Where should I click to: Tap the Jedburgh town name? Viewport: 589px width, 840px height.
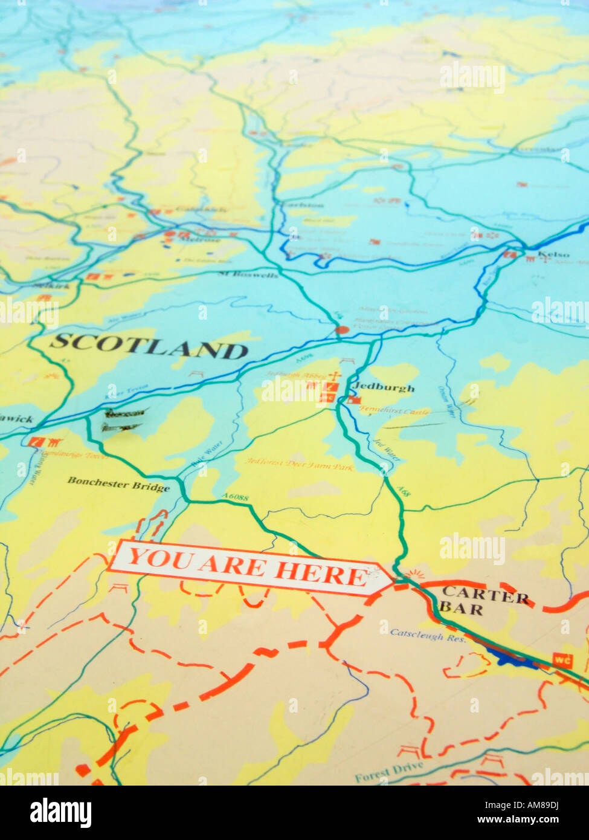tap(383, 388)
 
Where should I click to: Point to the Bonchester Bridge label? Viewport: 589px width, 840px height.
tap(118, 483)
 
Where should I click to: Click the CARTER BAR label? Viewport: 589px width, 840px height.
tap(484, 600)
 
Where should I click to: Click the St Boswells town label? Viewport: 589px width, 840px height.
tap(248, 275)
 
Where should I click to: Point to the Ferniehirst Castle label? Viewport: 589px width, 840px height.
tap(394, 411)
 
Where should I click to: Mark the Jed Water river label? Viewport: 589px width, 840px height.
tap(387, 450)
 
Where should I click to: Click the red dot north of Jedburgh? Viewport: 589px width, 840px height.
tap(342, 330)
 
